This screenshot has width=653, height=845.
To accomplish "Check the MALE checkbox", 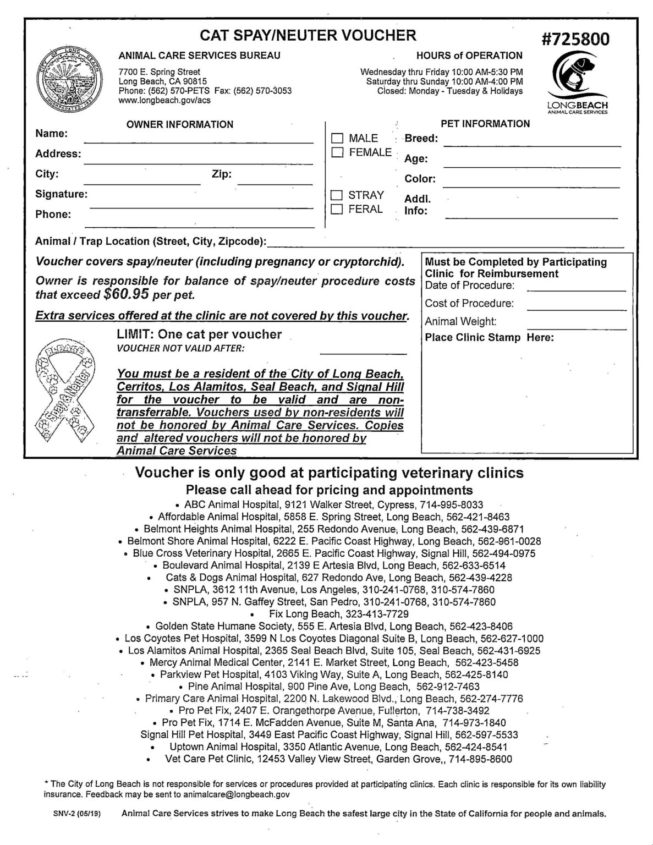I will click(x=337, y=138).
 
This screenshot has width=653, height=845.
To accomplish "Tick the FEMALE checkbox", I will click(x=337, y=152).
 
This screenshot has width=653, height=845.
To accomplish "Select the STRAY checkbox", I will click(x=337, y=195).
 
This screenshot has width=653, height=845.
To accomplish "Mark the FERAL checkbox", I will click(x=337, y=209).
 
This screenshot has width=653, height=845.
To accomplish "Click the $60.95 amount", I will click(x=126, y=294).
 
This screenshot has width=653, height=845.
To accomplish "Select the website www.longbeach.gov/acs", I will click(x=157, y=101).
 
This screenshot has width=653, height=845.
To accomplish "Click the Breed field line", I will click(x=531, y=145).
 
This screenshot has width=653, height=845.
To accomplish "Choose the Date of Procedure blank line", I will click(x=576, y=289).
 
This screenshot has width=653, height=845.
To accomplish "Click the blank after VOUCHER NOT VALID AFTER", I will click(x=363, y=353).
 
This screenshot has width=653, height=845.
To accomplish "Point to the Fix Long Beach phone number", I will click(x=377, y=614).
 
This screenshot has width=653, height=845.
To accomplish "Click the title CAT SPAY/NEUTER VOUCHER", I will click(x=308, y=36).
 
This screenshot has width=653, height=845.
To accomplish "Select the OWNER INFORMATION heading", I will click(x=180, y=124).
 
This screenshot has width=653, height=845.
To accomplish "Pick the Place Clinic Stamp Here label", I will click(x=489, y=337).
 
